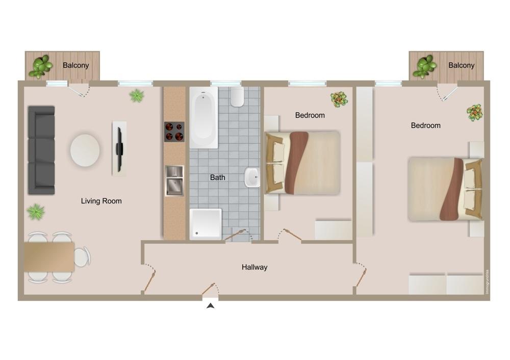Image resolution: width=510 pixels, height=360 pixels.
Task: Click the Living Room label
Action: [101, 201]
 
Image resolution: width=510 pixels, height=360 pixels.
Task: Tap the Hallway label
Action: [254, 267]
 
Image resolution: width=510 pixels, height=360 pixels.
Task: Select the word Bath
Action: [218, 177]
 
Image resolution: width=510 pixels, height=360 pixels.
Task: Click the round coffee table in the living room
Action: [85, 150]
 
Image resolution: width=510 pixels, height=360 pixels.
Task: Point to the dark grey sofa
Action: [41, 150]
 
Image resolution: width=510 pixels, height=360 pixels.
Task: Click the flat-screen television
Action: [119, 149]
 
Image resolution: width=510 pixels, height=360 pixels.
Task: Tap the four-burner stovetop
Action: [174, 132]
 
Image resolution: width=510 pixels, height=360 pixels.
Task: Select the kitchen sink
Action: [174, 181]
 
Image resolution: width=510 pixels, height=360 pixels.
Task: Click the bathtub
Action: [203, 117]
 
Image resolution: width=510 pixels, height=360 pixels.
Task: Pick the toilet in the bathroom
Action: [237, 96]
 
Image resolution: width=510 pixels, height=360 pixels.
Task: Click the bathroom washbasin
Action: [252, 177]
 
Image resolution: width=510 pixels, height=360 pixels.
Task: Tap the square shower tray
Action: [206, 224]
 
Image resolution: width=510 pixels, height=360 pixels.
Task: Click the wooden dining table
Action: [49, 257]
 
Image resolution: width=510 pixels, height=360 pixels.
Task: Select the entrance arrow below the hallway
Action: [211, 305]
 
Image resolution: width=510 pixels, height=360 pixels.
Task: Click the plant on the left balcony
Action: [41, 66]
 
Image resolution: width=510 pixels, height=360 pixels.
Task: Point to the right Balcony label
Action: [461, 65]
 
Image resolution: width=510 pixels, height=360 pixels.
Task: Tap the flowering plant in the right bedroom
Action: [474, 113]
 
